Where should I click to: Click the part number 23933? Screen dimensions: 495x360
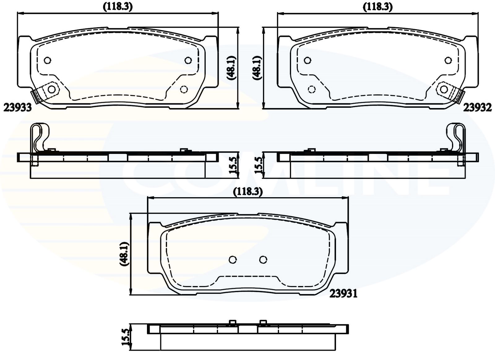[x=18, y=108]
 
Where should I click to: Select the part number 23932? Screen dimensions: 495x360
[x=478, y=108]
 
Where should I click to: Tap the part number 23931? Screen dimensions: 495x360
[x=343, y=294]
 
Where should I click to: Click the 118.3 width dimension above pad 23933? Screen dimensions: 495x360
[x=118, y=7]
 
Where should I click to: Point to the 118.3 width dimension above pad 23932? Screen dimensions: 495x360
[x=378, y=7]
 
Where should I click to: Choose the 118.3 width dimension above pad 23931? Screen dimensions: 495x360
[x=248, y=192]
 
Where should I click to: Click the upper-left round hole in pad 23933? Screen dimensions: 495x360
[x=48, y=60]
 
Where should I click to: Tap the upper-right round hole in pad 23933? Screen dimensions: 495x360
[x=188, y=60]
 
